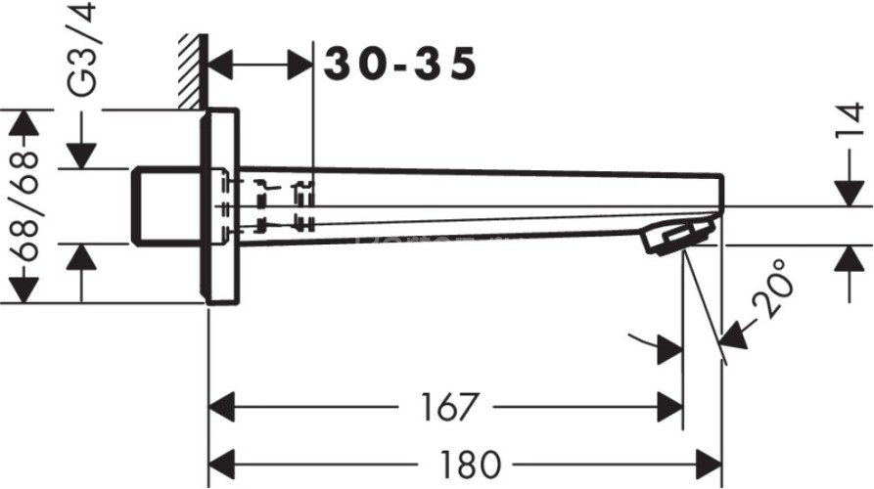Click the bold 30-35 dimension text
400,64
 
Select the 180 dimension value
471,465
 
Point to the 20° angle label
772,289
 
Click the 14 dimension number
851,120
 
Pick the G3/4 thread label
81,49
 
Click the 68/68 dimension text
23,206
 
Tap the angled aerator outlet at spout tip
677,237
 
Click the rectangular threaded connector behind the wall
167,206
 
